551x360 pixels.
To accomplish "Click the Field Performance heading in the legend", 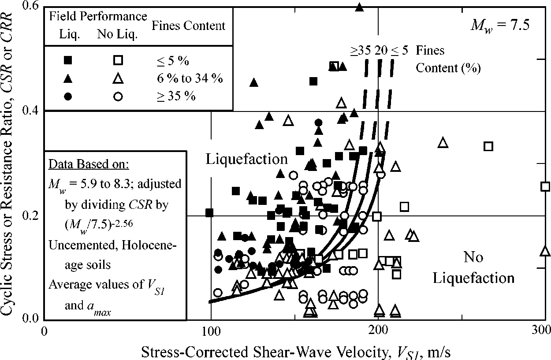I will (98, 16).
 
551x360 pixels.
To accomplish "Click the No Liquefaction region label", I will (473, 267).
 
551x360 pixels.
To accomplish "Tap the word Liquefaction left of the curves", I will (246, 160).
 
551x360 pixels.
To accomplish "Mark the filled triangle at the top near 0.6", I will (360, 7).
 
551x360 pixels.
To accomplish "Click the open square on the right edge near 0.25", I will (545, 186).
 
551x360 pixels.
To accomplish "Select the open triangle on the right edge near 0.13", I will (545, 251).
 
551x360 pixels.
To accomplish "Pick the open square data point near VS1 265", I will (488, 146).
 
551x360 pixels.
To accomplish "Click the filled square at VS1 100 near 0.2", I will (209, 213).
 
